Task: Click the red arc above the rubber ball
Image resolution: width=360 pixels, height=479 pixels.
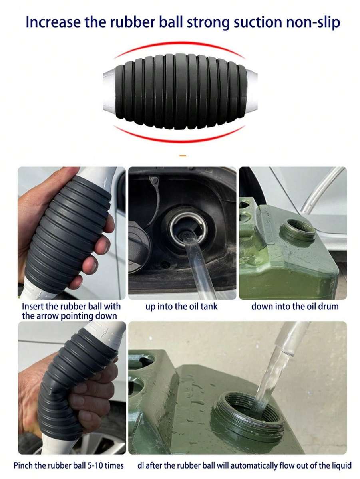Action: coord(180,43)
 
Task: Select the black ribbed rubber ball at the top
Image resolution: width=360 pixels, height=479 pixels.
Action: coord(180,91)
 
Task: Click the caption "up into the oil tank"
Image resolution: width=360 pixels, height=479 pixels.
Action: coord(181,307)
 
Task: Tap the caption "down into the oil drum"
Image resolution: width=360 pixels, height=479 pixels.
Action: coord(294,307)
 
